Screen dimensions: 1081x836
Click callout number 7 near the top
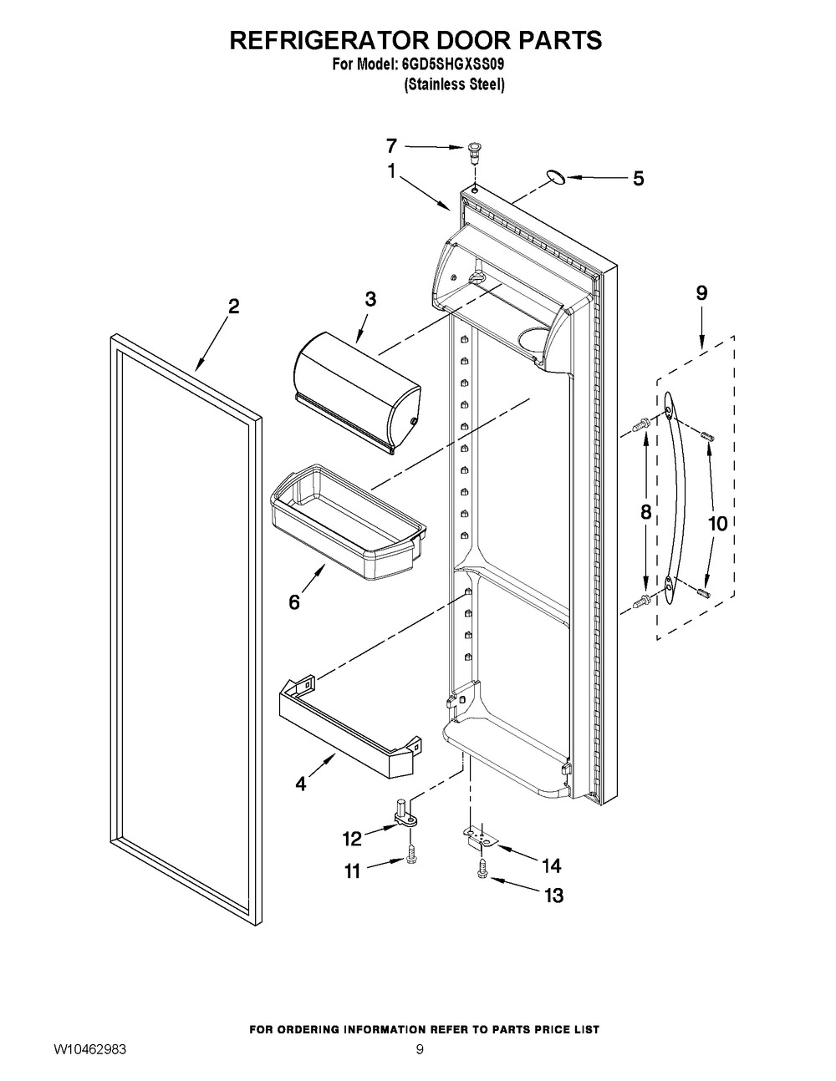[391, 145]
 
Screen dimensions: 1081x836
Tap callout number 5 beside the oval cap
[638, 178]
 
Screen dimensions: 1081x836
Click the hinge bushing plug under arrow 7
[476, 151]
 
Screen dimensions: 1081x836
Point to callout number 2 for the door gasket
[233, 307]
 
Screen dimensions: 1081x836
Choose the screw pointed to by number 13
[483, 871]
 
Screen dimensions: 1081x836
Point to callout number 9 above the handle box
[701, 292]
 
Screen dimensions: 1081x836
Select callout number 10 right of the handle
[717, 524]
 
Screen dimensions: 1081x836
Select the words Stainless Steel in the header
[454, 84]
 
